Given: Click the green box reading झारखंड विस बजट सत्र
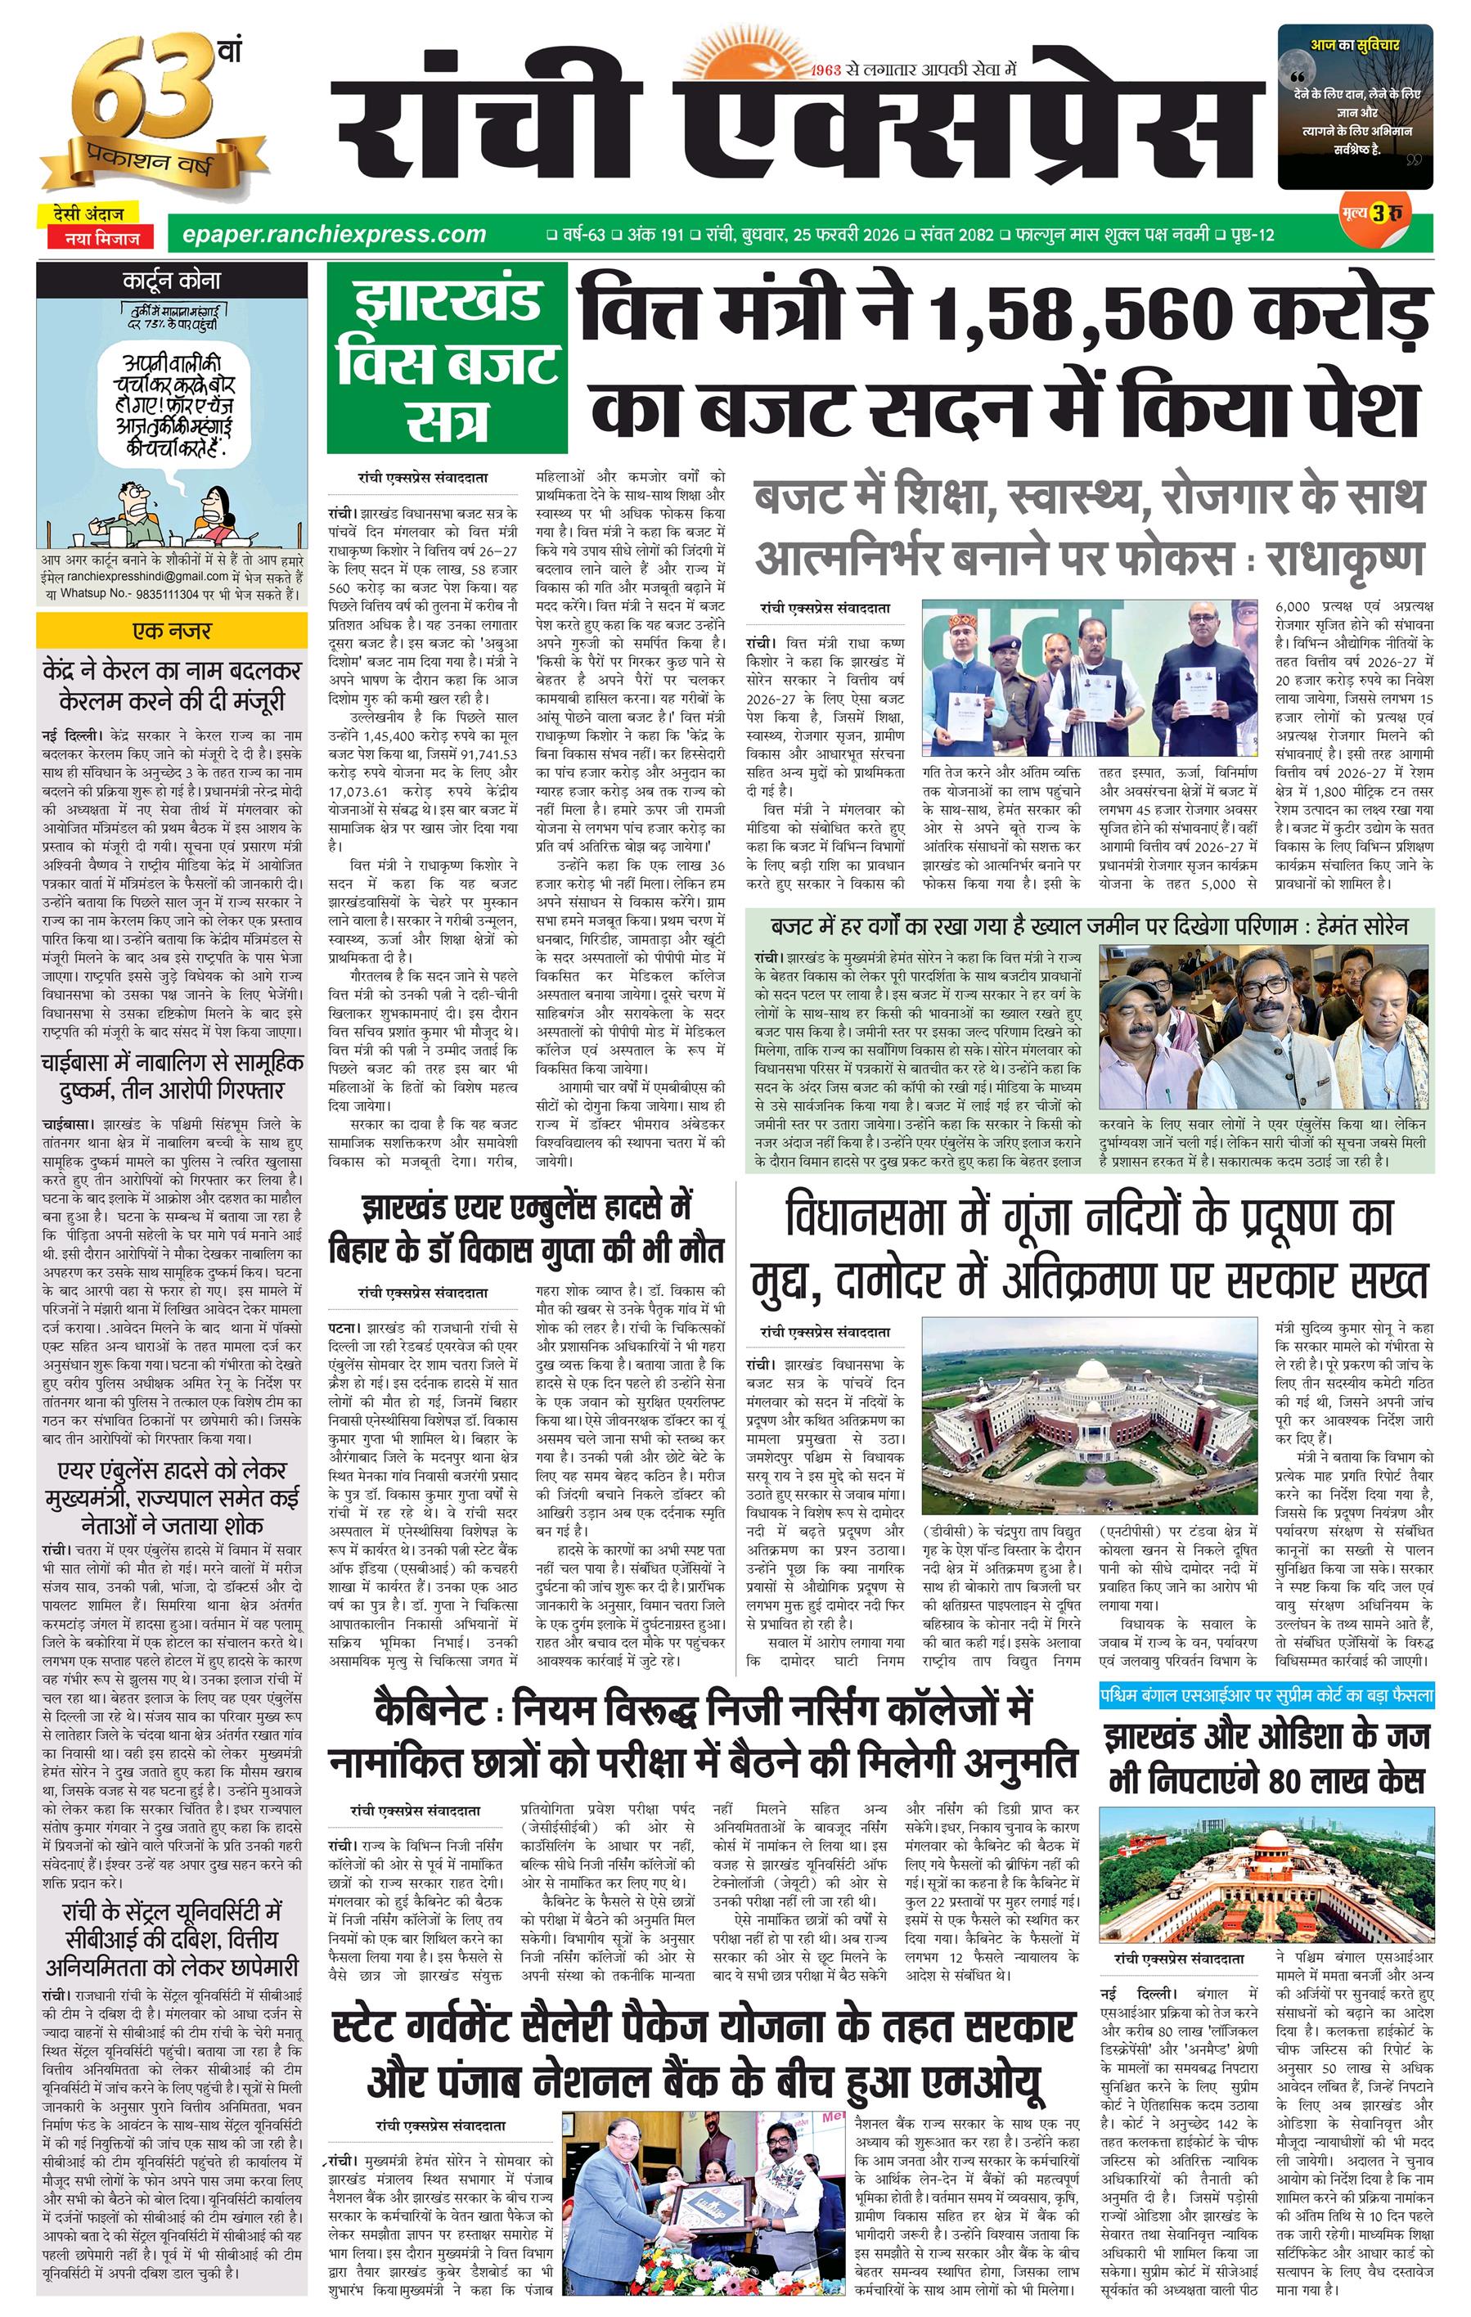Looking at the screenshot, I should (445, 364).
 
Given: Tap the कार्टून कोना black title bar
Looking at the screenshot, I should (171, 281).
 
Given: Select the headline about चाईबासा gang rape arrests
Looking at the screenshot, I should (171, 1076).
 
